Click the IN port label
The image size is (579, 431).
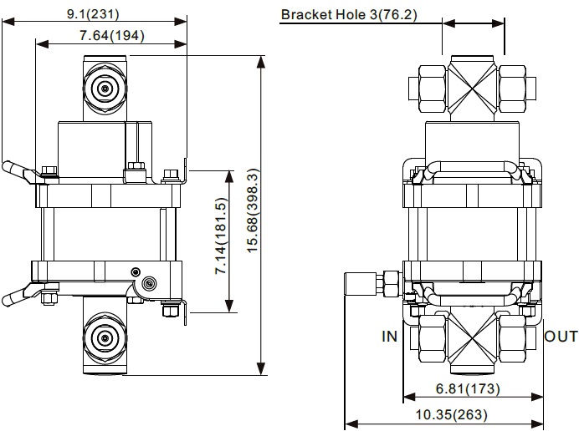[x=390, y=337]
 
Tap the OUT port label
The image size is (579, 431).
[x=560, y=337]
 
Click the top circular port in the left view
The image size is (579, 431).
[x=105, y=89]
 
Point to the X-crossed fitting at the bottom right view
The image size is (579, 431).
[x=473, y=337]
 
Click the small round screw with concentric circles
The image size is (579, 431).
[x=150, y=283]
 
